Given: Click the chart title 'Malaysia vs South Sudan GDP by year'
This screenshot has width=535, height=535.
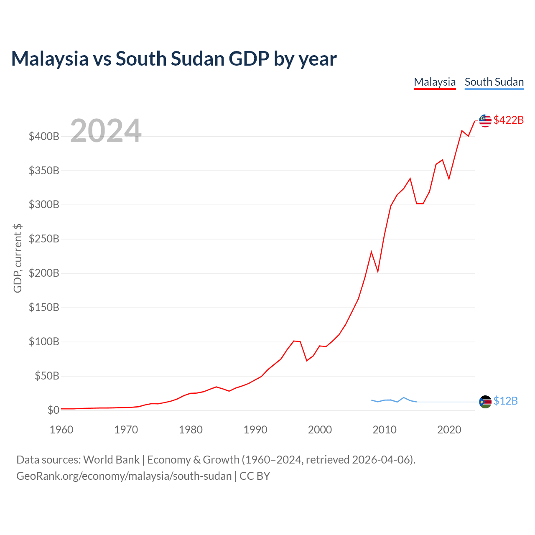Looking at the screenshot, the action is (174, 59).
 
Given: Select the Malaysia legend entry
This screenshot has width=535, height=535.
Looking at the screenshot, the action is (435, 82).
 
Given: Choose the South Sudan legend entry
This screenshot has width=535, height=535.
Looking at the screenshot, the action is (494, 82).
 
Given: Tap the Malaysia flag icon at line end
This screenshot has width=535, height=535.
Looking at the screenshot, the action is (485, 120).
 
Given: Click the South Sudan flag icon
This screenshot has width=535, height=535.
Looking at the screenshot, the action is (485, 401).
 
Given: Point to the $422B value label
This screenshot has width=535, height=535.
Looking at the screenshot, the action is (508, 120).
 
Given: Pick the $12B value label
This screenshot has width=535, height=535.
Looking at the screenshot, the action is (505, 401).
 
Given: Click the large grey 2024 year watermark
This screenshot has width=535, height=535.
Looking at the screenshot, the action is (106, 130).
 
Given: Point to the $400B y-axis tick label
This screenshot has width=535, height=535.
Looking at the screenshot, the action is (44, 136).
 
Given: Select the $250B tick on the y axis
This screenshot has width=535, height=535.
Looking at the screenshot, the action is (44, 239).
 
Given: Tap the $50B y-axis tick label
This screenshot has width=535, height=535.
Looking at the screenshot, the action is (47, 376).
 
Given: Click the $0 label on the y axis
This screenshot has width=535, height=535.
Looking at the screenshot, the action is (53, 410).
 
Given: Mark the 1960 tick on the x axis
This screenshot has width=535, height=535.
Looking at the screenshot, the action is (61, 430).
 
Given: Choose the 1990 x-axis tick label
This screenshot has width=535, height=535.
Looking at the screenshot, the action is (255, 430).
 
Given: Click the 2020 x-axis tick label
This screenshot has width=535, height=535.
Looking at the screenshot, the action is (449, 430).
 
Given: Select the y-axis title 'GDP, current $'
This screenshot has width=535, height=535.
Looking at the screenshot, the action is (18, 258).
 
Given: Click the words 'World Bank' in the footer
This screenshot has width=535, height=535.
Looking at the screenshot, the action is (111, 460).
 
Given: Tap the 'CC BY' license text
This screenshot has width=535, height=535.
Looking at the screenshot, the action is (255, 476).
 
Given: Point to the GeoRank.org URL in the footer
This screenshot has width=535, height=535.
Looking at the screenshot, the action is (124, 476).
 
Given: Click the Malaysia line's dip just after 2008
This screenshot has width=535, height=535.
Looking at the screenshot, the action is (377, 272).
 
